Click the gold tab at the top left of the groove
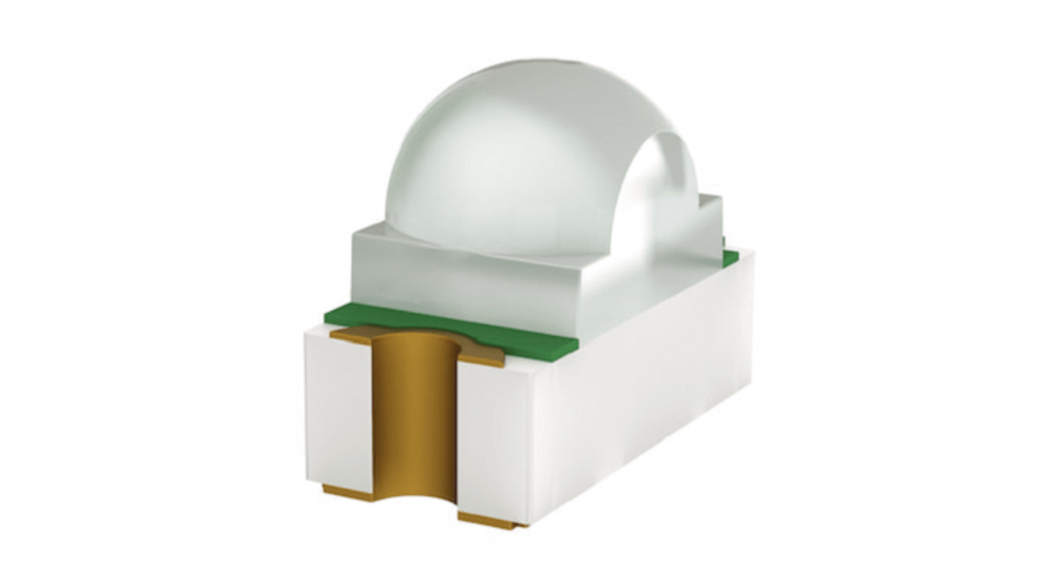[351, 335]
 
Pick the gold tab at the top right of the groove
[482, 359]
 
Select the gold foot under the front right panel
[489, 521]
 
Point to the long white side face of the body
[640, 383]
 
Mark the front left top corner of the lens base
[354, 231]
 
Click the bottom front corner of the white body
[528, 524]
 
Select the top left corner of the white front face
[306, 332]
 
